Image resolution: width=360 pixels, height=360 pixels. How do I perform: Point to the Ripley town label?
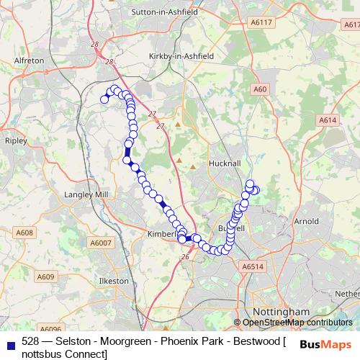pyautogui.click(x=15, y=141)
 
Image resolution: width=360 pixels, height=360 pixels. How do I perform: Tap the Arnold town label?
pyautogui.click(x=306, y=221)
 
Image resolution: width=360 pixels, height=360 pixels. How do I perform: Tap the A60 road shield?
pyautogui.click(x=260, y=89)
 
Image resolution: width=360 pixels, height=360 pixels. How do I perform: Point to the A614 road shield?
pyautogui.click(x=328, y=120)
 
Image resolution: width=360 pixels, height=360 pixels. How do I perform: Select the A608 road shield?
pyautogui.click(x=25, y=233)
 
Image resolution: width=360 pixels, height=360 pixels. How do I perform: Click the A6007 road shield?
pyautogui.click(x=101, y=244)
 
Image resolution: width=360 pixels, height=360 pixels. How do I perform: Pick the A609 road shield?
pyautogui.click(x=45, y=276)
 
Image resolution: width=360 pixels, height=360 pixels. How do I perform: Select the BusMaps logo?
pyautogui.click(x=325, y=345)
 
